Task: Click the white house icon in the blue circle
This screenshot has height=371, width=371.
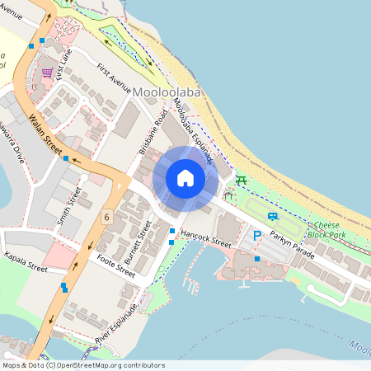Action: click(x=185, y=177)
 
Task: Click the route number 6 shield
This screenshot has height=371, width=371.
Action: click(x=106, y=216)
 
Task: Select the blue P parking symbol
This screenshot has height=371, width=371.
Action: click(x=256, y=236)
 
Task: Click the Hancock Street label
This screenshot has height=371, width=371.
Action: click(x=207, y=238)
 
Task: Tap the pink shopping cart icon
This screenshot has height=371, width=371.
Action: click(x=47, y=73)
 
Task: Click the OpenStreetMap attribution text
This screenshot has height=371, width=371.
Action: click(x=82, y=365)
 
